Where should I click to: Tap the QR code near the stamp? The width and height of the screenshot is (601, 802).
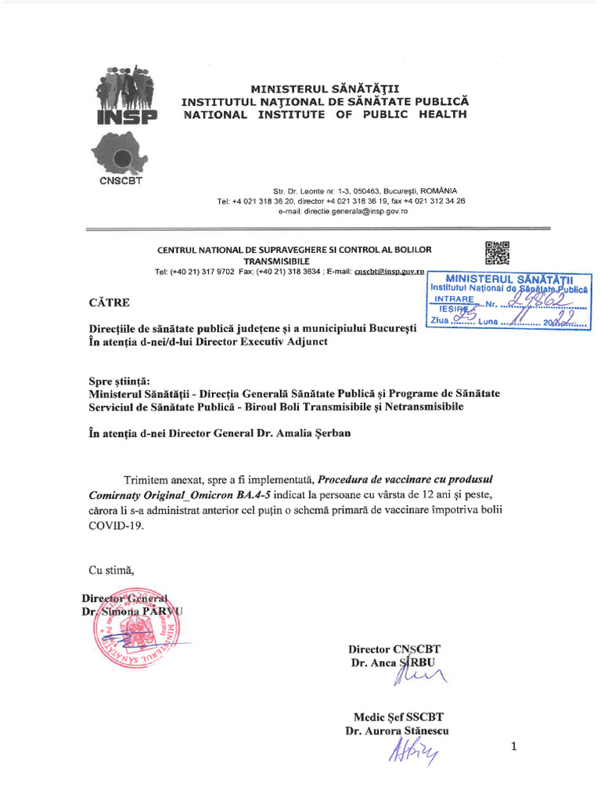coord(497,253)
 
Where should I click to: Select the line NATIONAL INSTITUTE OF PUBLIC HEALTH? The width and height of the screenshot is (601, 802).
coord(325,114)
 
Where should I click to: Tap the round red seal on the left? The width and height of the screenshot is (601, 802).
coord(137,633)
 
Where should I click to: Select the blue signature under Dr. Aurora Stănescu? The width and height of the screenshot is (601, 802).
coord(412,750)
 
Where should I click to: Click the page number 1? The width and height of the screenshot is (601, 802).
coord(514,747)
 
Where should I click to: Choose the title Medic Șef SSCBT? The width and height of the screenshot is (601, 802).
coord(398,716)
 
